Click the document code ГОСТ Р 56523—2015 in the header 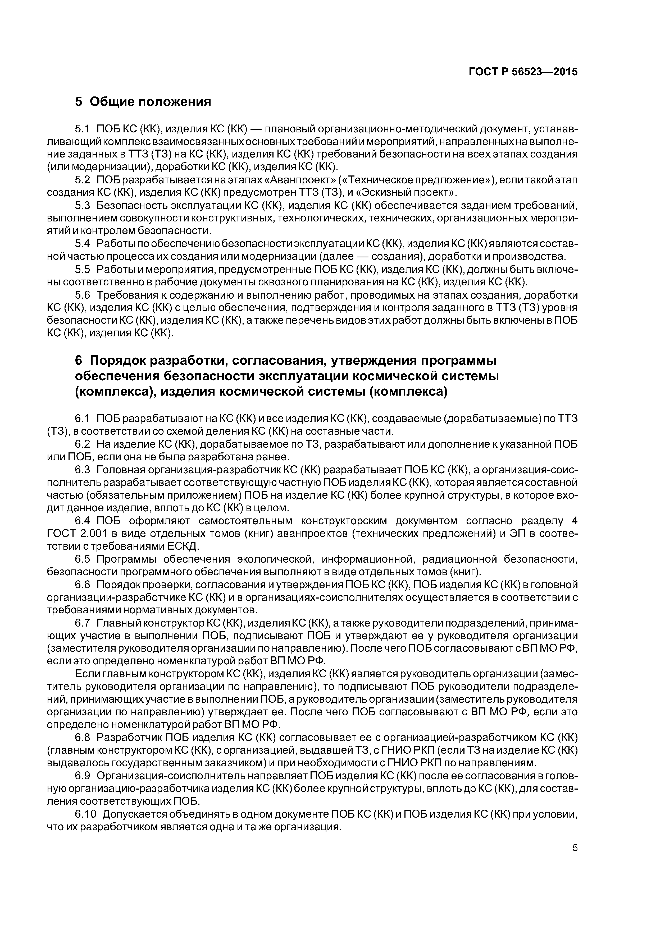[x=523, y=72]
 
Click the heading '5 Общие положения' [x=143, y=102]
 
